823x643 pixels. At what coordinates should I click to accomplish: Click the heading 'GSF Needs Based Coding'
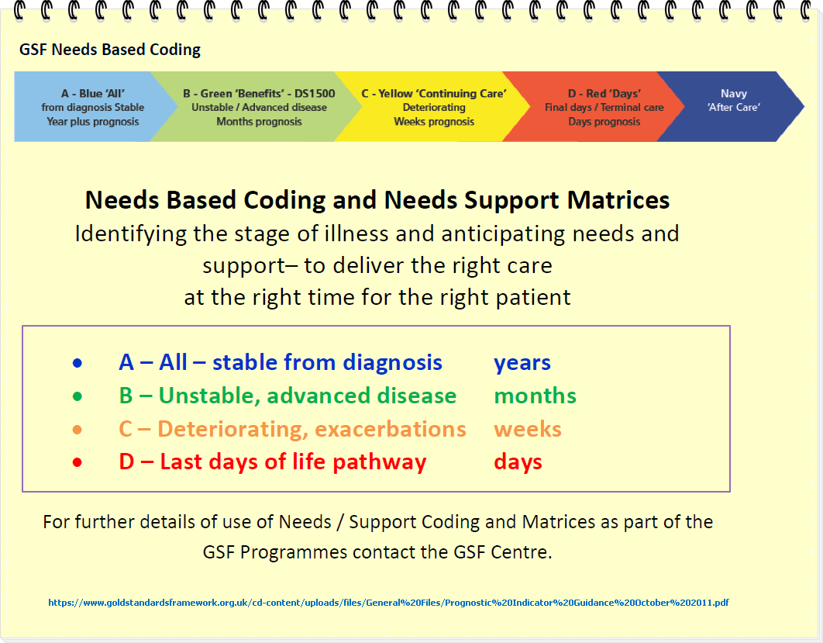click(110, 50)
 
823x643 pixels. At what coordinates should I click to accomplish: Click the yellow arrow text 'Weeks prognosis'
click(434, 122)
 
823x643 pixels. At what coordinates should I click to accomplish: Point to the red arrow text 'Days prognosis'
click(604, 122)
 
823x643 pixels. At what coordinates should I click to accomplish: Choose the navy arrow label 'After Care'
click(734, 107)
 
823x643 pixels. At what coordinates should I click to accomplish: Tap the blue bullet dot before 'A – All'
click(77, 363)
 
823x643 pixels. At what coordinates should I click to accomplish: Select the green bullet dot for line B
click(77, 396)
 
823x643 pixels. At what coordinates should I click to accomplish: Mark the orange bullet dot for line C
click(77, 430)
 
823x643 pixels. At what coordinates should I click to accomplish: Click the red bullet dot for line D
click(77, 463)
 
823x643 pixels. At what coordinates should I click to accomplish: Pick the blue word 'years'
click(522, 363)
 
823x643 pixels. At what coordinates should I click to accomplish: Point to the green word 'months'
click(535, 396)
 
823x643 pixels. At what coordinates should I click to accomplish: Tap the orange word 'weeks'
click(528, 429)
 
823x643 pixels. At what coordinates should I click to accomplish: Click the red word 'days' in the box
click(518, 462)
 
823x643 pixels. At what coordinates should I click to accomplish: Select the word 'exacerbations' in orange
click(390, 429)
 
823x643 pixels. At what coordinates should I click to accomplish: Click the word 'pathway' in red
click(380, 462)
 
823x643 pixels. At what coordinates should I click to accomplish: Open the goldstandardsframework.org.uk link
click(388, 603)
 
